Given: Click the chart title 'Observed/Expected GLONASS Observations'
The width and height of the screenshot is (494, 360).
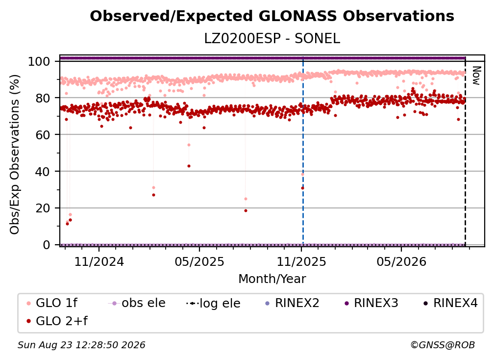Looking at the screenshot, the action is [272, 16].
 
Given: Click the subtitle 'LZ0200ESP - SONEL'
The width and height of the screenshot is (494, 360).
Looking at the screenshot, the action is [272, 39].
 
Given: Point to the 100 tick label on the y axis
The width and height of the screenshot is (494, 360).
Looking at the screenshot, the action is [39, 61].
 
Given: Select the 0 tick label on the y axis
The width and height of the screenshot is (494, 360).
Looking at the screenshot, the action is [46, 245].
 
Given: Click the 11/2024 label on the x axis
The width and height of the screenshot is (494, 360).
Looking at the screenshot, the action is [99, 261].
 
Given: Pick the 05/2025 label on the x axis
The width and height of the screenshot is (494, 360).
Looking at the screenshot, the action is [199, 261].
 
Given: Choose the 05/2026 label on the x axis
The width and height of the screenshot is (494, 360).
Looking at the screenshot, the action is [401, 261].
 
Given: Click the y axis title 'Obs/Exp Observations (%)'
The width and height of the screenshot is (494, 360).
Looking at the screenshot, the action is [15, 154].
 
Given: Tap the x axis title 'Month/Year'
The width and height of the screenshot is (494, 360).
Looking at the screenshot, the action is [272, 279].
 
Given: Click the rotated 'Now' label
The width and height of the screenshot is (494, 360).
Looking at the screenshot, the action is [476, 76].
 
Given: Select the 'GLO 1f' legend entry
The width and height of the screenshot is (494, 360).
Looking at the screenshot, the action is [52, 303].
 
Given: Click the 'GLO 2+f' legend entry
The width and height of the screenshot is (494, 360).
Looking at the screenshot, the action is [57, 321].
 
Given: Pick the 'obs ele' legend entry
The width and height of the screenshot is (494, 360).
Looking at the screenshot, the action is [137, 303].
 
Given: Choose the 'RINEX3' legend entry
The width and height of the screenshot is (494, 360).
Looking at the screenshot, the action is [371, 303].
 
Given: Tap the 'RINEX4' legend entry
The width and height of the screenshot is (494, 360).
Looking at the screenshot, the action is [450, 303].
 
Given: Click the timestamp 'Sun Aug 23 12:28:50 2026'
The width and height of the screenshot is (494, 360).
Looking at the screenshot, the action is [81, 345].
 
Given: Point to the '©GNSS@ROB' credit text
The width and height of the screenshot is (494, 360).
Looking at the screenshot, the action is [443, 345].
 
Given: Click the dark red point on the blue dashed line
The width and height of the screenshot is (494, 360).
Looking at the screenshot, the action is [303, 188].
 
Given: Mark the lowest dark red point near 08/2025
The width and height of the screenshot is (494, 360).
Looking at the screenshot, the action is [246, 210].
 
